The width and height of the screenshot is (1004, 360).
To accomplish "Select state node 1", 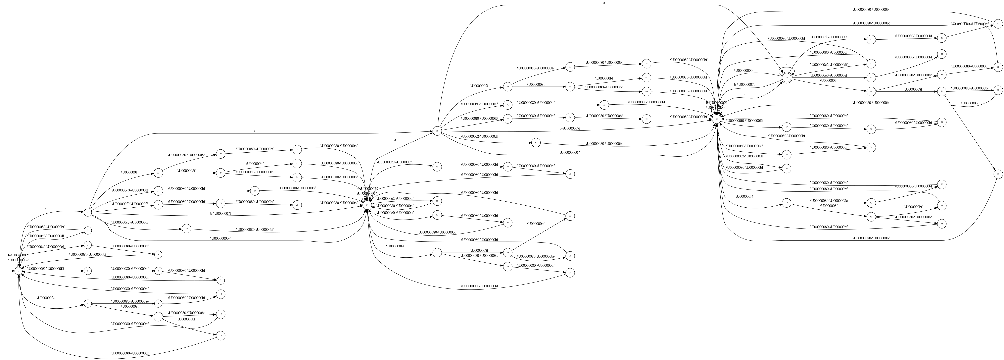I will [88, 212].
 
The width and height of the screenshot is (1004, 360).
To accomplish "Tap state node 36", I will [508, 87].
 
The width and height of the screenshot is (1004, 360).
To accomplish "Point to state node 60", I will [786, 203].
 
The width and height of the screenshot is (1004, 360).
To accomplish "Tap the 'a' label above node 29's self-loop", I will [786, 65].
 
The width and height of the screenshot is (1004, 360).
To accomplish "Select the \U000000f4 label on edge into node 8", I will [46, 298].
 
